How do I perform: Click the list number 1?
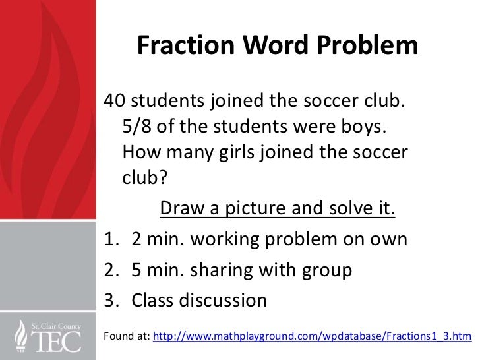pyautogui.click(x=109, y=238)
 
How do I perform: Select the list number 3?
pyautogui.click(x=109, y=300)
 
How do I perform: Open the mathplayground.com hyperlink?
pyautogui.click(x=312, y=336)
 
